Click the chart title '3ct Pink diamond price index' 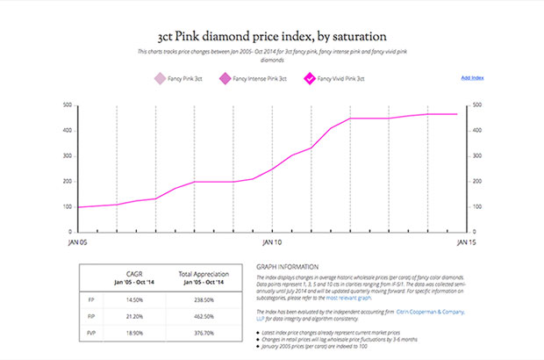(x=272, y=37)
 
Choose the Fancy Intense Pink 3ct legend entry (x=254, y=79)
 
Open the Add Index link (x=473, y=78)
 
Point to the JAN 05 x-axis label (x=77, y=240)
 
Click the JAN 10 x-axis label (x=272, y=240)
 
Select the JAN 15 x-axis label (x=466, y=240)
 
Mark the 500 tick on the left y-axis (x=67, y=105)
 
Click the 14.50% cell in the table (x=134, y=299)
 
